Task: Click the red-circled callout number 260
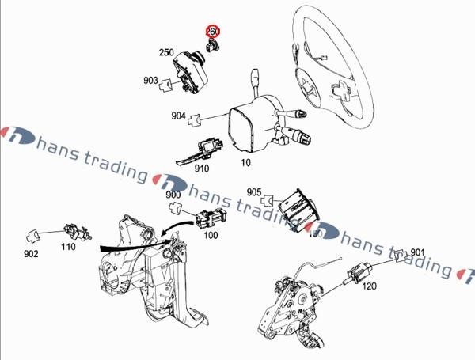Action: [x=213, y=32]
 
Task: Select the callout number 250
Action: [x=166, y=53]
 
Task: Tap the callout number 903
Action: [x=150, y=81]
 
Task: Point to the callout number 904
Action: [x=179, y=116]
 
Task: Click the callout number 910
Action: [x=201, y=168]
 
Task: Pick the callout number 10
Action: [x=245, y=162]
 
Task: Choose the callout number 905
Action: [x=254, y=192]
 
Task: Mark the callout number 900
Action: [x=173, y=195]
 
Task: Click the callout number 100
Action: [x=211, y=235]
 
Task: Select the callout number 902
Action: [x=31, y=254]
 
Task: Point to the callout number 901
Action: [x=418, y=252]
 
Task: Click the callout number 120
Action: [x=369, y=287]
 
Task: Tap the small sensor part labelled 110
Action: [x=74, y=232]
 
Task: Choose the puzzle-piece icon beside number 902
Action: [x=34, y=235]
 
